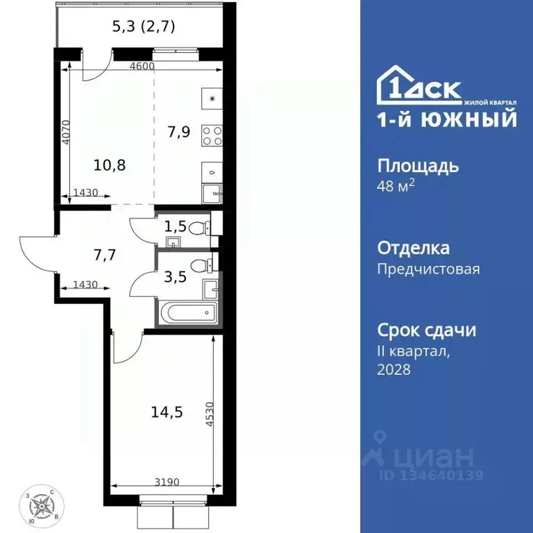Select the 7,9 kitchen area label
point(179,131)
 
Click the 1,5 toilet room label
point(175,225)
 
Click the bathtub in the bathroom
point(187,314)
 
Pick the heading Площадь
point(418,167)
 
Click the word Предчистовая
point(428,269)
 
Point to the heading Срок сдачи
point(426,330)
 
